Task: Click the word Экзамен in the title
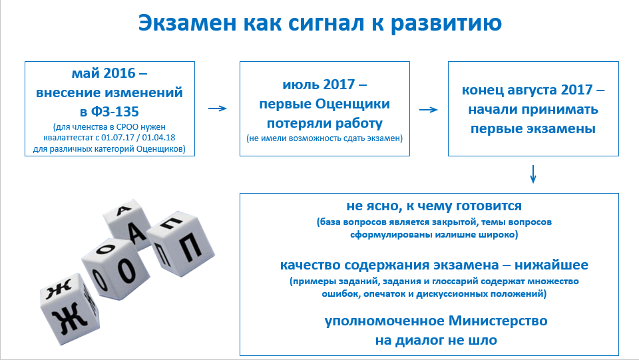pyautogui.click(x=187, y=23)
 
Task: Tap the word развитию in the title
pyautogui.click(x=446, y=24)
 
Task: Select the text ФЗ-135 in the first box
pyautogui.click(x=115, y=112)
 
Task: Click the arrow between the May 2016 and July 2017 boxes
pyautogui.click(x=218, y=108)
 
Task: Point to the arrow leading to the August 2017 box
pyautogui.click(x=428, y=110)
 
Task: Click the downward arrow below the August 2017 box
pyautogui.click(x=532, y=174)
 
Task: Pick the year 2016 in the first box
pyautogui.click(x=119, y=73)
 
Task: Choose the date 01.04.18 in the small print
pyautogui.click(x=158, y=138)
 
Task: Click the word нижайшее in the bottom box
pyautogui.click(x=551, y=265)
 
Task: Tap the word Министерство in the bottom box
pyautogui.click(x=498, y=321)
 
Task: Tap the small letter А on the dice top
pyautogui.click(x=123, y=210)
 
